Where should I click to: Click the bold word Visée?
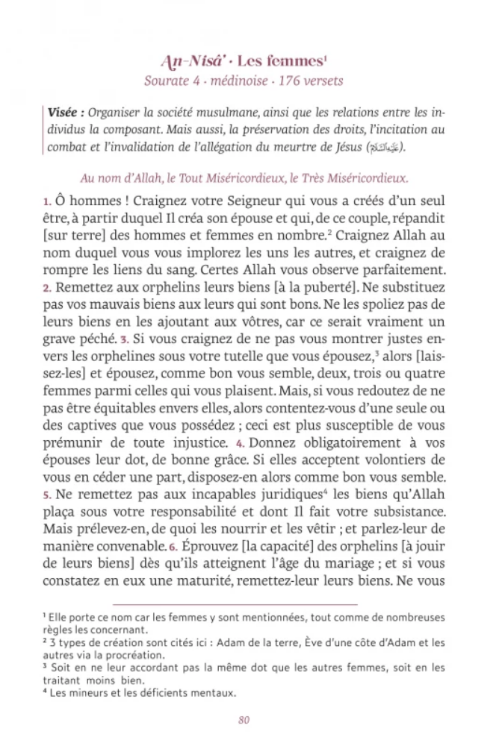tap(64, 113)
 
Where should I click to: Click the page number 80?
tap(244, 720)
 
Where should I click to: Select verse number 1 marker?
tap(46, 203)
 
